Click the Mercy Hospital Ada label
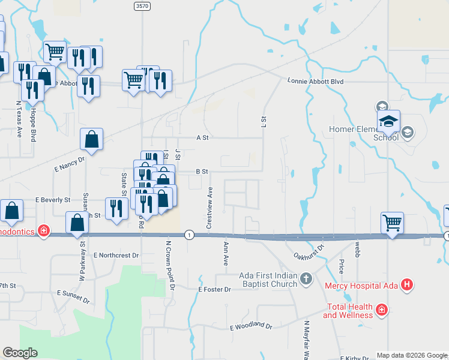(362, 286)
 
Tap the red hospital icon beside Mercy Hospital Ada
(407, 285)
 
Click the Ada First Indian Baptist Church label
(268, 279)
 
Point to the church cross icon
(306, 278)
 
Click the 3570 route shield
(142, 5)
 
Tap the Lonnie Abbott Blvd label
(315, 80)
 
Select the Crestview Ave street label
(209, 207)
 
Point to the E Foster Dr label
(214, 289)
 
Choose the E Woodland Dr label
(251, 326)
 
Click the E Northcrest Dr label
(116, 255)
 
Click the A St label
(202, 137)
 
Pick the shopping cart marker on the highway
(392, 223)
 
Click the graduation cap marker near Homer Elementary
(389, 122)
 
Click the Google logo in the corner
(20, 353)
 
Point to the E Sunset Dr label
(73, 296)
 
